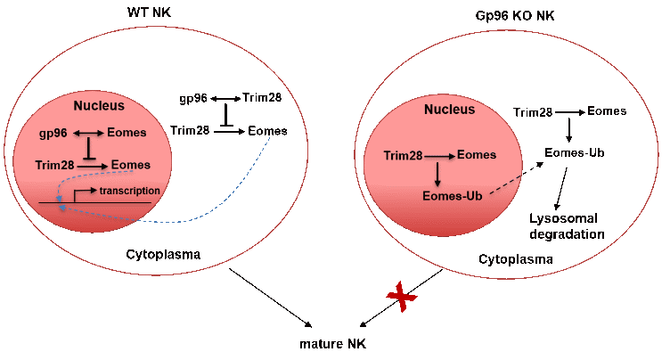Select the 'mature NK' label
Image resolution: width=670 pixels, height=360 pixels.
click(x=333, y=343)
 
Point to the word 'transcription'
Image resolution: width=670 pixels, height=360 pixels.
click(x=130, y=190)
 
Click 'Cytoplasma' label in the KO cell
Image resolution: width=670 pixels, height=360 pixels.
click(x=516, y=259)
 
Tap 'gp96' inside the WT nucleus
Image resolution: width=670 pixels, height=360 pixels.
click(x=54, y=134)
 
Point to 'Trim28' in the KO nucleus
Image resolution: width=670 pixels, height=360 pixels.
click(x=403, y=156)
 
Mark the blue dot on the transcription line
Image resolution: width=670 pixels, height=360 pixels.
click(x=61, y=209)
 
